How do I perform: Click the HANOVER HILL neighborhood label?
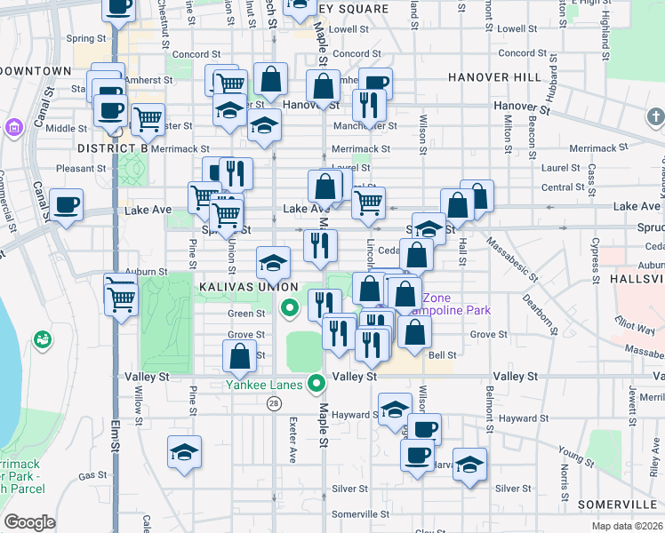(x=494, y=77)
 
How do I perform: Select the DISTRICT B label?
(x=112, y=147)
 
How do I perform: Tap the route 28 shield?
(x=274, y=403)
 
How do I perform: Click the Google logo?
(x=29, y=522)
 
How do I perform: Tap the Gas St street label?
(x=92, y=476)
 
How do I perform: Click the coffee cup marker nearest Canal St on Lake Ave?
(x=66, y=205)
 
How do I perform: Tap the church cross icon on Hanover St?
(x=656, y=117)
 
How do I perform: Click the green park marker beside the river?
(x=42, y=339)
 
